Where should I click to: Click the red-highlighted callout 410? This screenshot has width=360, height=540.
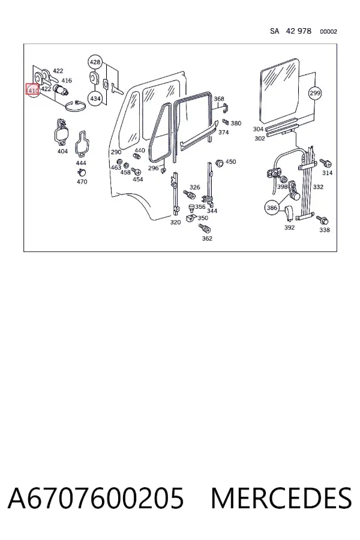33,90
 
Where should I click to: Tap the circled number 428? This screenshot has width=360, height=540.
95,62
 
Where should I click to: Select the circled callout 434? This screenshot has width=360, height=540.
95,98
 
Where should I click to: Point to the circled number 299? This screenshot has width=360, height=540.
315,93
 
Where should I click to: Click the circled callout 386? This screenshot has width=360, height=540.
272,208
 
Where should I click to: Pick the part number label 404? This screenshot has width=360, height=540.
62,151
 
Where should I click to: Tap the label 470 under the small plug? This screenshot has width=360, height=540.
82,181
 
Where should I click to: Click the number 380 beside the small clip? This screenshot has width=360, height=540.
236,123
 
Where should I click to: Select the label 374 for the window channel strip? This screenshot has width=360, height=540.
223,132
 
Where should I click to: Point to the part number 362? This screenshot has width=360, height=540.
206,238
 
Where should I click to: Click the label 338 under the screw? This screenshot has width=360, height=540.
324,230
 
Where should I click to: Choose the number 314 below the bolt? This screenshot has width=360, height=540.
327,173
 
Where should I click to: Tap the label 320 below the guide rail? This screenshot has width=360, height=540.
175,222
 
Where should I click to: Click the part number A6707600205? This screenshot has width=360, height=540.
96,499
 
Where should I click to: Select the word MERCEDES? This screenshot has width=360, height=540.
281,499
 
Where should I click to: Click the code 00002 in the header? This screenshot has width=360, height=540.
328,32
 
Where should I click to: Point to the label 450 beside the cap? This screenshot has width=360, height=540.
230,161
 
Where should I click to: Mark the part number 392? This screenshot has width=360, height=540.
289,227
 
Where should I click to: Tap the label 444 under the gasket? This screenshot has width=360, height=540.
81,163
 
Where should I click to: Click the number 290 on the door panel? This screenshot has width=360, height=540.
116,152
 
